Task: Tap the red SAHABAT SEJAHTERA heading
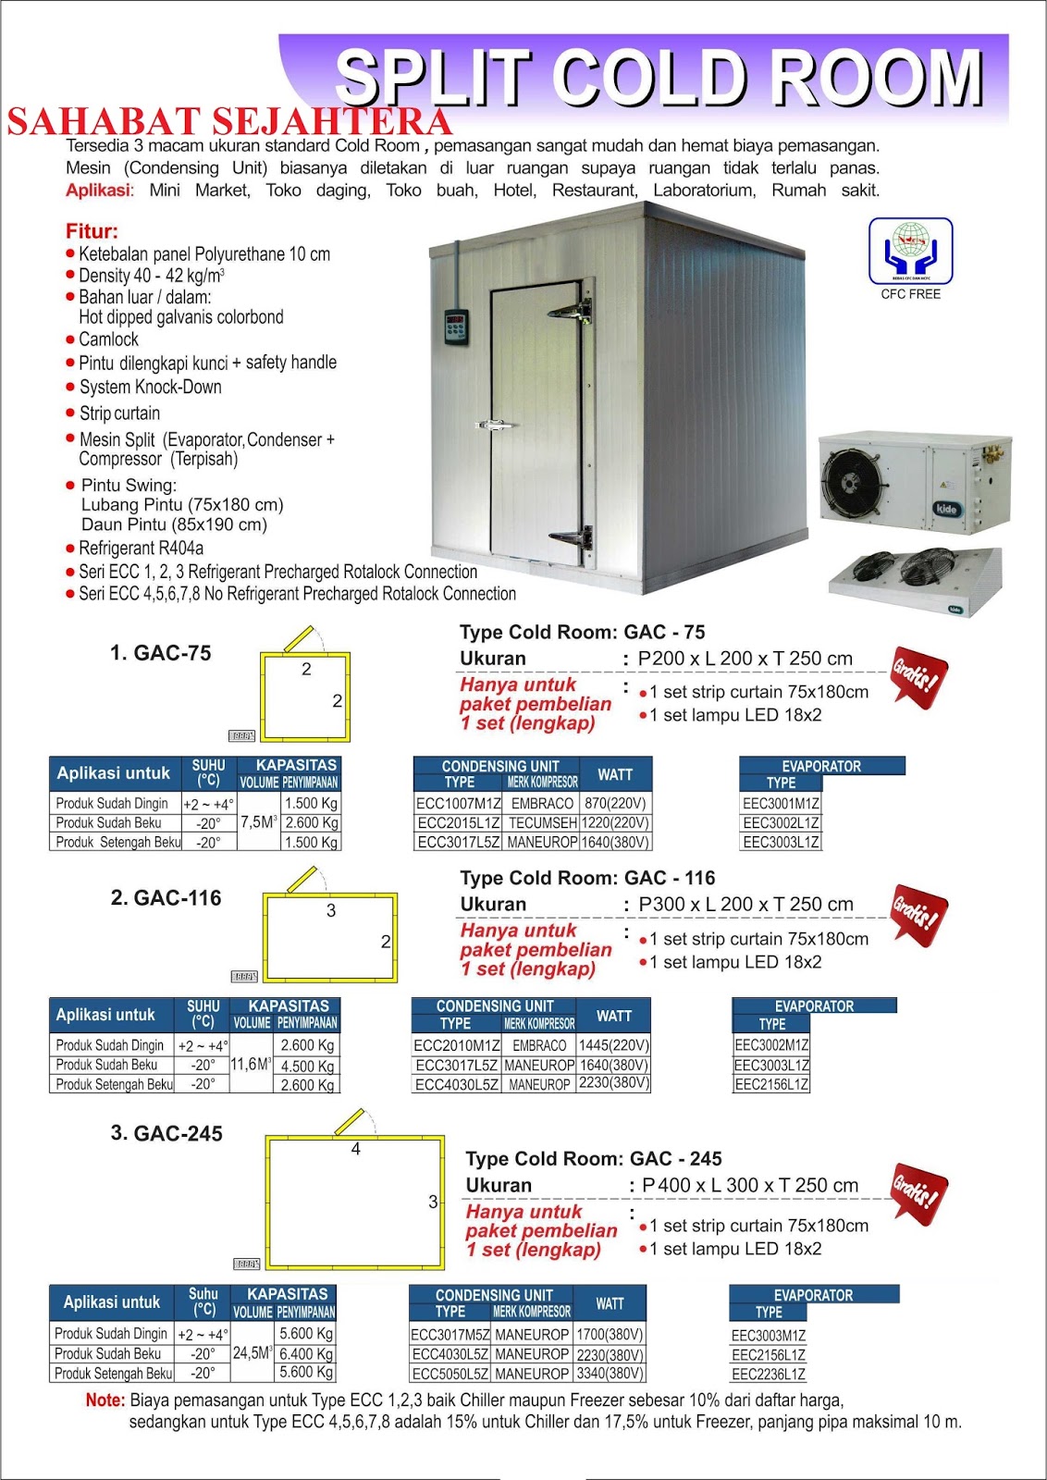click(229, 122)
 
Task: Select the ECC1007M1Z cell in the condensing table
click(458, 803)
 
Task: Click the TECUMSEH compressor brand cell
click(541, 822)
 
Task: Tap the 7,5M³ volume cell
click(258, 821)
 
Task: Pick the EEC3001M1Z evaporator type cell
click(781, 803)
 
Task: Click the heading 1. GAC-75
click(160, 653)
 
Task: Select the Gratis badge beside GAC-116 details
click(918, 915)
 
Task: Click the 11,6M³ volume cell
click(251, 1064)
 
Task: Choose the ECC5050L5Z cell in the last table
click(450, 1374)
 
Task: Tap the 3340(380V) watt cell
click(610, 1374)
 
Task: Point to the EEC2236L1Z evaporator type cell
click(768, 1374)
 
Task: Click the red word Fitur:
click(92, 231)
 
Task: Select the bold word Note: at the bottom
click(105, 1400)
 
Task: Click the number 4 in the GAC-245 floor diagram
click(355, 1149)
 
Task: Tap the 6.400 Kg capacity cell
click(306, 1353)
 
